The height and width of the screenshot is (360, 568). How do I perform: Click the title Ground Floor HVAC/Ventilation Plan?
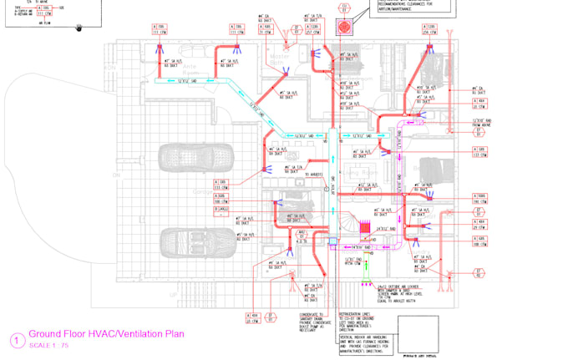point(106,334)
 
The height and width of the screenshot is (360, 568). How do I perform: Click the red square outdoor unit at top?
point(343,28)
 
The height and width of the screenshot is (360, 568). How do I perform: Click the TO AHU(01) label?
point(313,175)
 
